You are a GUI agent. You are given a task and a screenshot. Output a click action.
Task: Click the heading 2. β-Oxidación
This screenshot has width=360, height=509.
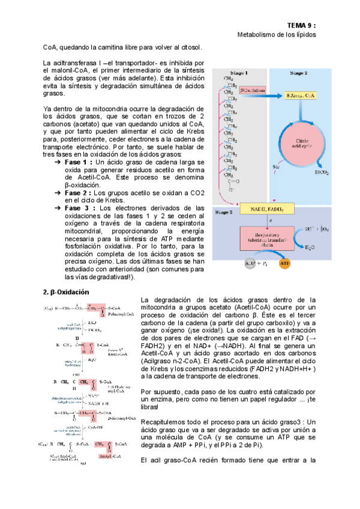click(x=65, y=292)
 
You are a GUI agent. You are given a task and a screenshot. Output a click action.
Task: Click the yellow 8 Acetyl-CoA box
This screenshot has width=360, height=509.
click(x=302, y=95)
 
